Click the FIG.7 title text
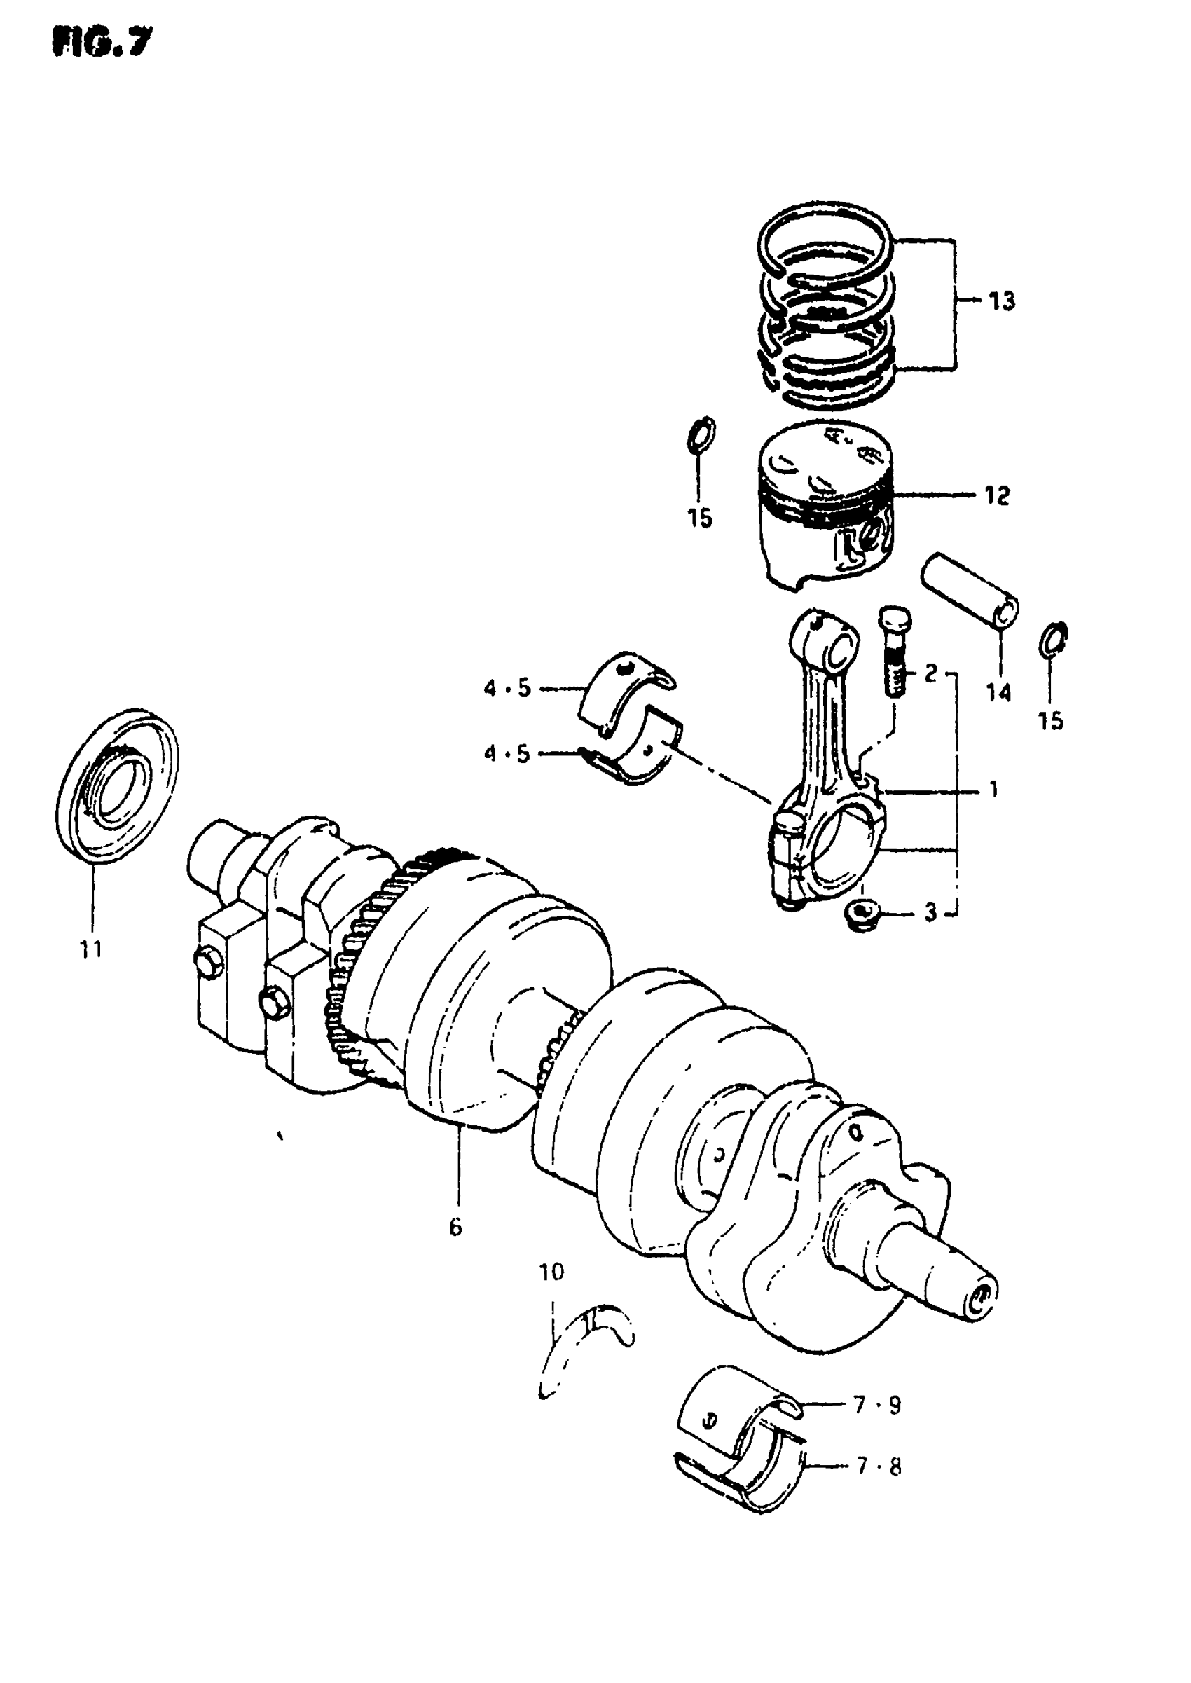coord(102,43)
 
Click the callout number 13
coord(1001,301)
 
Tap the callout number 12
coord(997,497)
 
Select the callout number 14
coord(998,692)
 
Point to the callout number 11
coord(91,949)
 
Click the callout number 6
coord(455,1227)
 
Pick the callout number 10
coord(551,1272)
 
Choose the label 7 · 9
coord(877,1405)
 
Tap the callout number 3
coord(930,913)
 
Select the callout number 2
coord(930,673)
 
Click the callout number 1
coord(993,790)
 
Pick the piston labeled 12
coord(825,506)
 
